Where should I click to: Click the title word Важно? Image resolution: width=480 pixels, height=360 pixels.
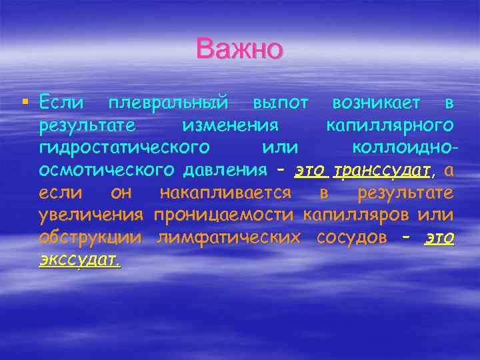pyautogui.click(x=240, y=49)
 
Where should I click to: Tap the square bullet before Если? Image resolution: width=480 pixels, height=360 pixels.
pyautogui.click(x=25, y=102)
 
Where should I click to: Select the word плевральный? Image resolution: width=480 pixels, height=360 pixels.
pyautogui.click(x=169, y=103)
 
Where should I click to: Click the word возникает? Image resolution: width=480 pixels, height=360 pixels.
pyautogui.click(x=376, y=103)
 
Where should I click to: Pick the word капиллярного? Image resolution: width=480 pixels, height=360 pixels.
pyautogui.click(x=390, y=125)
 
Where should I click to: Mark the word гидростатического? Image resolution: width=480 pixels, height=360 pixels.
pyautogui.click(x=125, y=148)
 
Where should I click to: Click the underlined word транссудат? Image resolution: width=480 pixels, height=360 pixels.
pyautogui.click(x=382, y=171)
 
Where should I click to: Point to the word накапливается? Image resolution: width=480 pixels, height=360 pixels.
pyautogui.click(x=225, y=193)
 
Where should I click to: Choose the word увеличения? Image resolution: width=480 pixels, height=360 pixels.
pyautogui.click(x=91, y=215)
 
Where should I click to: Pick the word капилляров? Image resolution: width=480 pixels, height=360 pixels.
pyautogui.click(x=356, y=215)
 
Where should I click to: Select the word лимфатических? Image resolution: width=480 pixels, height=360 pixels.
pyautogui.click(x=227, y=238)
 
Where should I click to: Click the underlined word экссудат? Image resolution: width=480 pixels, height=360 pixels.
pyautogui.click(x=79, y=261)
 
